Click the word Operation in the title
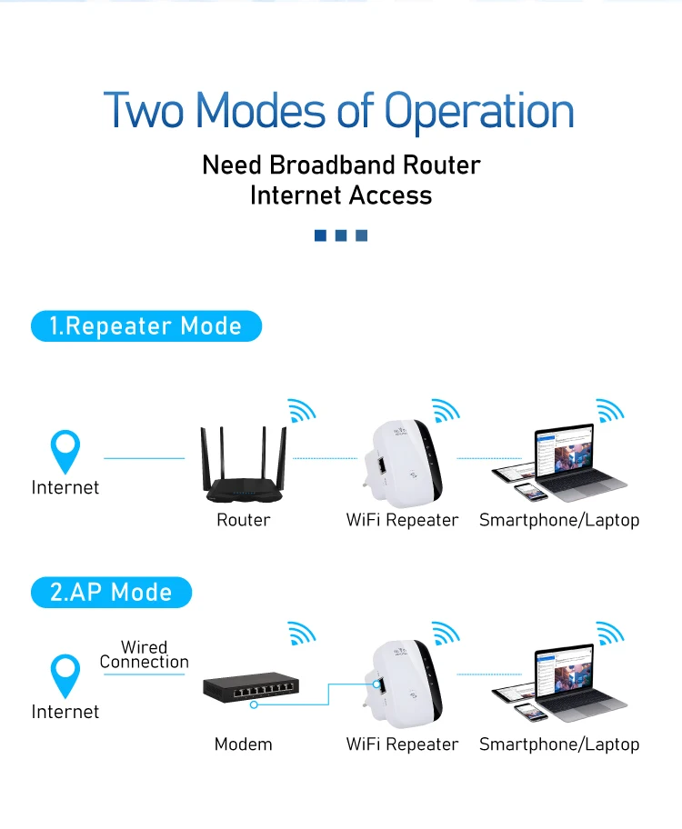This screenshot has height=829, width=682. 479,111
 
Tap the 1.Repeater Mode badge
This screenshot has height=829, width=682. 145,326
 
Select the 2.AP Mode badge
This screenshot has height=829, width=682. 111,593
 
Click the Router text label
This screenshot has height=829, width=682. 243,520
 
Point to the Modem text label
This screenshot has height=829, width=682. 243,744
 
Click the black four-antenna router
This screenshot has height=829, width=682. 244,466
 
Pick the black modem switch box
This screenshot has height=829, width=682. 251,688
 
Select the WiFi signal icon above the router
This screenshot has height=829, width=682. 301,410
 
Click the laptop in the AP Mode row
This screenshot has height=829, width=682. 573,683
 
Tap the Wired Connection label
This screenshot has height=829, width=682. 144,654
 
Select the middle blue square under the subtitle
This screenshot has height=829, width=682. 341,236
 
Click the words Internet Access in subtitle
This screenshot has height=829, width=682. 341,195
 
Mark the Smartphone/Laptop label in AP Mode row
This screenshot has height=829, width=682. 559,744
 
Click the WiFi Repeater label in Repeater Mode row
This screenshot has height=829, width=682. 402,520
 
